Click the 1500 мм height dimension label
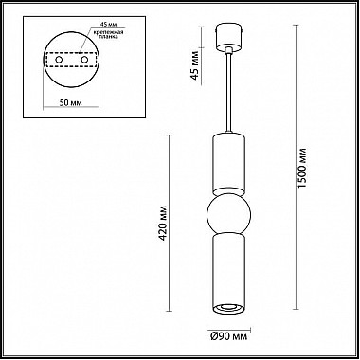click(x=302, y=168)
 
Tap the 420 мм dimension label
click(x=163, y=223)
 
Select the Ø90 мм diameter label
click(x=228, y=337)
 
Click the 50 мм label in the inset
click(x=71, y=102)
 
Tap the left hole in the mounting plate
click(x=59, y=60)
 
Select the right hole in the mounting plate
click(x=84, y=60)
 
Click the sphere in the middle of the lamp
click(x=228, y=214)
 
